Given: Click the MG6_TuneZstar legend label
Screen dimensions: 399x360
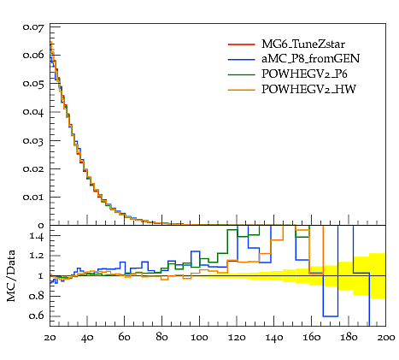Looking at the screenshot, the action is click(x=303, y=44).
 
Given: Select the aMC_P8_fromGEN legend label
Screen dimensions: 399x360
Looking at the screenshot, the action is click(x=310, y=59).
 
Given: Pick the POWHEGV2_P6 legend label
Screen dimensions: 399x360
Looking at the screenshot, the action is click(x=304, y=74).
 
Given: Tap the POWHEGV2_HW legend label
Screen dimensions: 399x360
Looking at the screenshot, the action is click(x=308, y=89).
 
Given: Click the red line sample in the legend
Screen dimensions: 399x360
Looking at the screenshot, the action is click(x=241, y=44).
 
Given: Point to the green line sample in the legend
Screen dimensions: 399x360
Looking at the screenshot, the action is click(x=241, y=74).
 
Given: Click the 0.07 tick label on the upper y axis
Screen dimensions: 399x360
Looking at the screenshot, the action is click(x=33, y=27).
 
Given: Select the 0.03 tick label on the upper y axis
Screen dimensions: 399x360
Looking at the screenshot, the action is click(x=33, y=141).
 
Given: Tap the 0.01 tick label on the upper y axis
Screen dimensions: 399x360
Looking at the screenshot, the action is click(x=33, y=198).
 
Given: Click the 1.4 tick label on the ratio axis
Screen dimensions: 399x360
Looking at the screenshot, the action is click(x=37, y=236).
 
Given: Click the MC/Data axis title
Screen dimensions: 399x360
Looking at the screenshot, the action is click(x=11, y=276).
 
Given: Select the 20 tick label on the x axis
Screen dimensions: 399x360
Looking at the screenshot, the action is click(x=50, y=338).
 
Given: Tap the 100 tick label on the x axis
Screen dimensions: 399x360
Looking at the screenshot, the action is click(x=199, y=338).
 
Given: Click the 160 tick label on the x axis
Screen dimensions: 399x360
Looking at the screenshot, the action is click(x=311, y=338).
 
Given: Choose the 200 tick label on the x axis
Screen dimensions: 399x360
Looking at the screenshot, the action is click(x=386, y=338).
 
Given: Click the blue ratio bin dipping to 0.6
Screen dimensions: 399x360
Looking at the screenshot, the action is click(x=331, y=316).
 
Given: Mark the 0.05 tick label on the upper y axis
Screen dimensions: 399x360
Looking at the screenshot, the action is click(x=33, y=85).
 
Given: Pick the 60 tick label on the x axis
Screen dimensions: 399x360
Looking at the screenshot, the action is click(x=125, y=338).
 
